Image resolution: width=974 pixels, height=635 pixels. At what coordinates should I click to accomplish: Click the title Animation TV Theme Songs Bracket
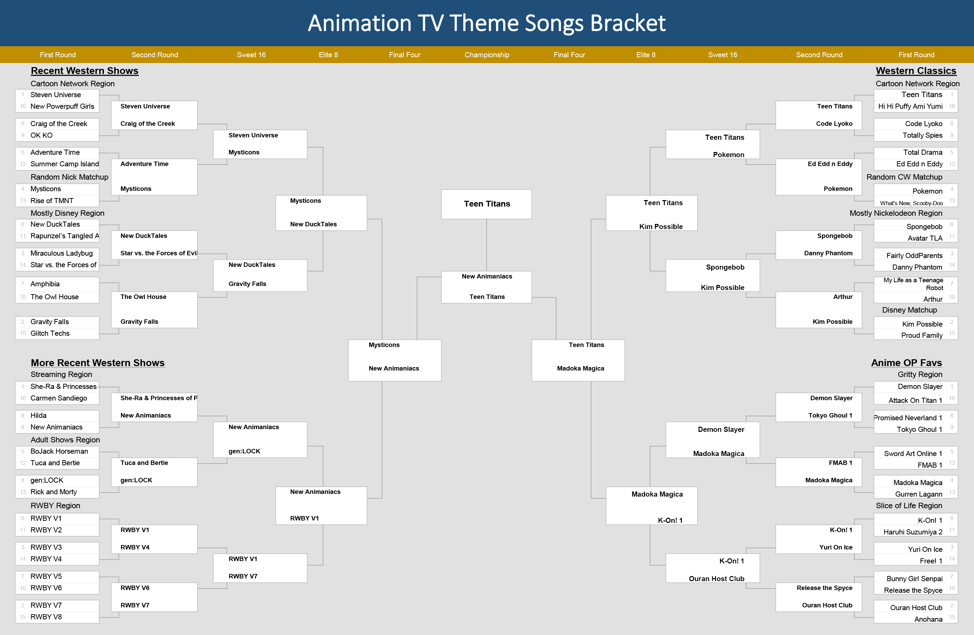click(486, 23)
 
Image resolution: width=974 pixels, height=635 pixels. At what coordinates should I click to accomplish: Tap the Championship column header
click(487, 55)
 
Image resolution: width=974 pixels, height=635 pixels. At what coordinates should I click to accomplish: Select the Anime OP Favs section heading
click(906, 363)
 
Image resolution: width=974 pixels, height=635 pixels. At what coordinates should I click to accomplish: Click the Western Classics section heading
click(916, 71)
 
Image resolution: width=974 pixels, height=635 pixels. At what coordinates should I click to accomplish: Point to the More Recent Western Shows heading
click(98, 363)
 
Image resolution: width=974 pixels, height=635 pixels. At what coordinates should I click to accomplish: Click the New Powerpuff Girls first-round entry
click(62, 106)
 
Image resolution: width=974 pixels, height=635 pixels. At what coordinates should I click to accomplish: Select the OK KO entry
click(41, 135)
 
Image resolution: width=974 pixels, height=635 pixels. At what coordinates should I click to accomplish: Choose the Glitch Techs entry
click(50, 333)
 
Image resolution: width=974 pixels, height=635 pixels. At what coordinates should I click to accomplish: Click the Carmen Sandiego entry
click(59, 398)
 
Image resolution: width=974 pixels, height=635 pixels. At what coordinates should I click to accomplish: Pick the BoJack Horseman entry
click(59, 451)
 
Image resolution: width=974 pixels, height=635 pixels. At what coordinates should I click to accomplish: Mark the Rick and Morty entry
click(54, 492)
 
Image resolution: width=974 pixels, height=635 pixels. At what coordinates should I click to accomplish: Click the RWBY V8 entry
click(46, 617)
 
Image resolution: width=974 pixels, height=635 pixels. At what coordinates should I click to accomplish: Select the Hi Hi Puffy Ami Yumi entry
click(910, 106)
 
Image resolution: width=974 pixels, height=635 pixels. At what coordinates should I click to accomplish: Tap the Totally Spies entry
click(923, 135)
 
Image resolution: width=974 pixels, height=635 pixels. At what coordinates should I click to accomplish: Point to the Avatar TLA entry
click(925, 238)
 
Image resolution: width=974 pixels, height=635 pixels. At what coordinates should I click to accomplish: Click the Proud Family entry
click(921, 335)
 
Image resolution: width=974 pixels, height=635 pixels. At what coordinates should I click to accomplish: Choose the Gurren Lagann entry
click(919, 494)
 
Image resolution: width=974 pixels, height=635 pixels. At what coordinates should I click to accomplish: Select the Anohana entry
click(928, 619)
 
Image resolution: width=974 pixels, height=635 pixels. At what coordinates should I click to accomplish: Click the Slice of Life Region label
click(909, 506)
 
